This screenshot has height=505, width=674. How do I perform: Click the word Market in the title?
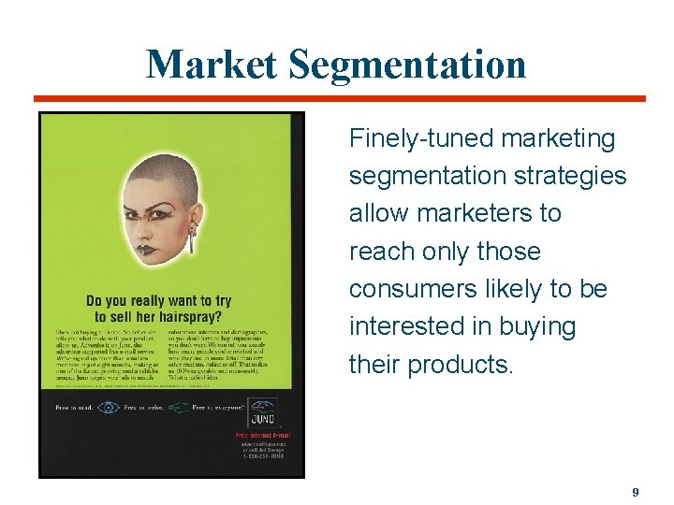[x=212, y=65]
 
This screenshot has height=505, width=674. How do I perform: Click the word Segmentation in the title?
[x=407, y=65]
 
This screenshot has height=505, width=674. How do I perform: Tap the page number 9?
[x=636, y=492]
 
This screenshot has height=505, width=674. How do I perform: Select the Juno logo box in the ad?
[x=259, y=409]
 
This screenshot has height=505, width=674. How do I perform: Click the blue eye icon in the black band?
[x=109, y=407]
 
